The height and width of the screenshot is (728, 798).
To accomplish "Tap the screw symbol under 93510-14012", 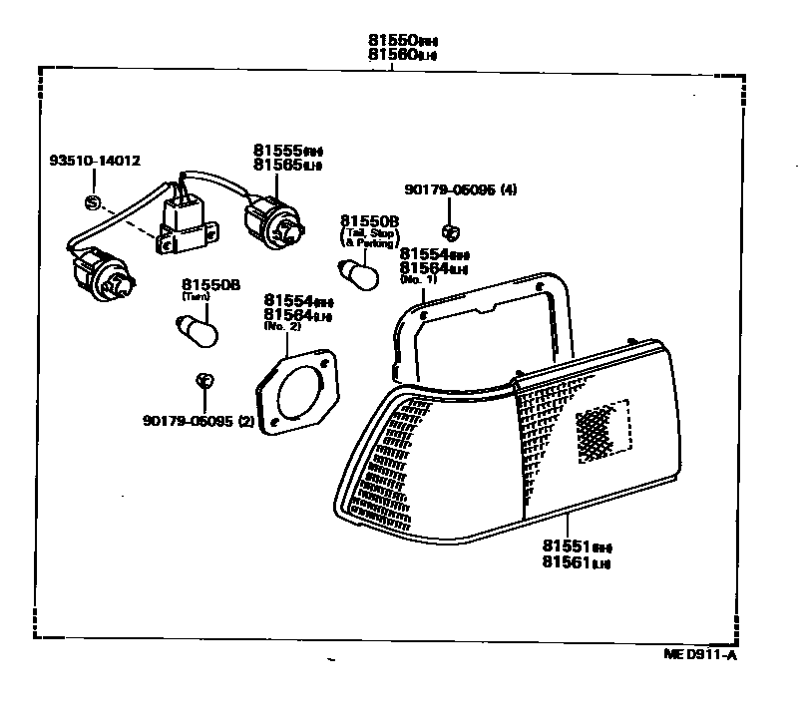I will [x=93, y=203].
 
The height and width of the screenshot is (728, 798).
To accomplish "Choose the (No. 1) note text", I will [x=418, y=280].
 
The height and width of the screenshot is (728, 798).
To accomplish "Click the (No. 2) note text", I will [x=281, y=325].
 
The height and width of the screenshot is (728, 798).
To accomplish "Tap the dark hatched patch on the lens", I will [x=603, y=432].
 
